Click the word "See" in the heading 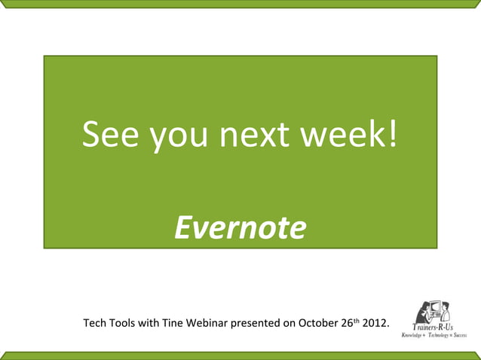tap(112, 136)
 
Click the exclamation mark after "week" tap(390, 136)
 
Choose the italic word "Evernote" tap(240, 227)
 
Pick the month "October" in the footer tap(318, 325)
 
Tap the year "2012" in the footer tap(375, 325)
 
